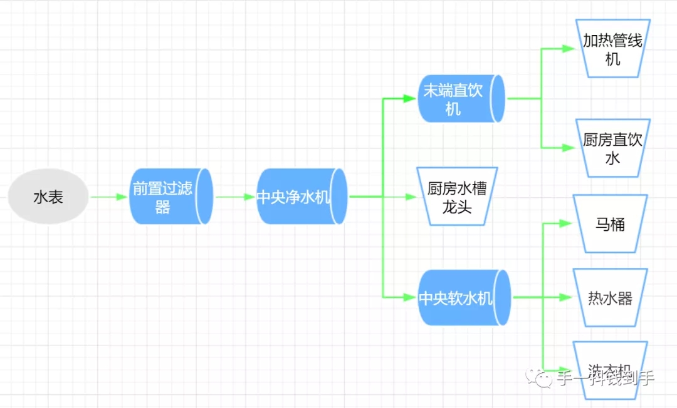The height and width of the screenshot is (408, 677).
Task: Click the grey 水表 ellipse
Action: [48, 197]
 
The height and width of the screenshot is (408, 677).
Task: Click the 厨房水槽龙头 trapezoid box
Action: [457, 196]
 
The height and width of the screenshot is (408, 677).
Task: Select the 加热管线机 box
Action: [612, 49]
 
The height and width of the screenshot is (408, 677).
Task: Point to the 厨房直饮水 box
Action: [612, 148]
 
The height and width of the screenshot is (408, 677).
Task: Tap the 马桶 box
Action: [610, 223]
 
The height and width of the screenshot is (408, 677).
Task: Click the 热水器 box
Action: [610, 298]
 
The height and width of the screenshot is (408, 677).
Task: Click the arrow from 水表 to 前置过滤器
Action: [109, 197]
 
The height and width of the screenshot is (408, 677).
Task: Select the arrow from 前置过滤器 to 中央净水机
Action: [234, 197]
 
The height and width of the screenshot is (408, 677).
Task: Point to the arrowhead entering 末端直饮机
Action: [411, 98]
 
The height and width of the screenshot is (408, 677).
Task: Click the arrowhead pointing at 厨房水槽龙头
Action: [411, 196]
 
